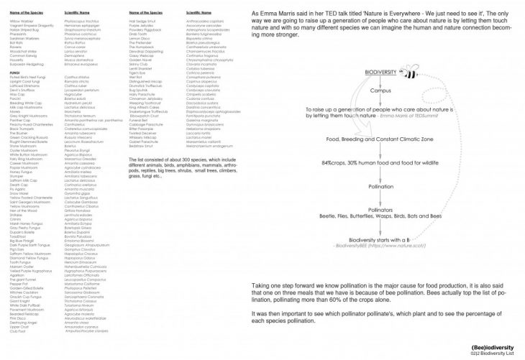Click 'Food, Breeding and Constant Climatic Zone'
tap(380, 139)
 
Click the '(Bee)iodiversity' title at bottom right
tap(496, 346)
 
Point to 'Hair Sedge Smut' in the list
tap(141, 22)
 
